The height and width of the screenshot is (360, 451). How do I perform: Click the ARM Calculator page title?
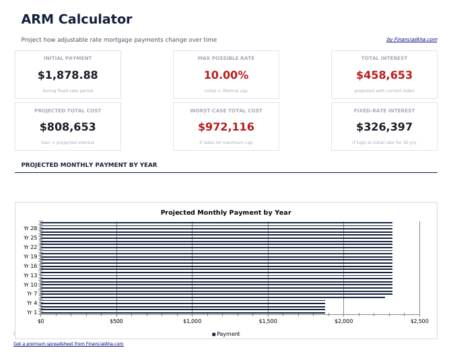coord(76,20)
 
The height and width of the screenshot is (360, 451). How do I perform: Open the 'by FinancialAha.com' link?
coord(411,40)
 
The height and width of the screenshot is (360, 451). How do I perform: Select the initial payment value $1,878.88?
coord(67,75)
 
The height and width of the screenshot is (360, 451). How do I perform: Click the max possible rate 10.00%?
coord(225,75)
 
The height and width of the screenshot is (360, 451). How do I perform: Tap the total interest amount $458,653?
coord(384,75)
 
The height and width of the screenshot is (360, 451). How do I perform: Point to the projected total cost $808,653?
coord(67,127)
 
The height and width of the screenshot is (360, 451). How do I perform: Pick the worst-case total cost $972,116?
coord(225,127)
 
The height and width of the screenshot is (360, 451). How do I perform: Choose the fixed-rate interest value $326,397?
coord(384,127)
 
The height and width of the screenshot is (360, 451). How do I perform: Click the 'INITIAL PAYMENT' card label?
coord(67,59)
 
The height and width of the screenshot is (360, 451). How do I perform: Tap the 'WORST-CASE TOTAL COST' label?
coord(225,110)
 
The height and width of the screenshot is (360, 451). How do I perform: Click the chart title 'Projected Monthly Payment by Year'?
coord(225,213)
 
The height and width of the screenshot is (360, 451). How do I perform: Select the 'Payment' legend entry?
coord(228,334)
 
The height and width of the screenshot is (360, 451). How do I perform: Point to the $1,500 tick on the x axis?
coord(268,321)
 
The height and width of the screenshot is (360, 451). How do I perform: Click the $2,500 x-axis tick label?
coord(419,321)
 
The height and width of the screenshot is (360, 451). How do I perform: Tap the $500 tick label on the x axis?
coord(116,321)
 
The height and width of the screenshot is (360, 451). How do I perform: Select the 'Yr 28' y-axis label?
coord(30,228)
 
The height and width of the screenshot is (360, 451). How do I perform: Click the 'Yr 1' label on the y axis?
coord(32,312)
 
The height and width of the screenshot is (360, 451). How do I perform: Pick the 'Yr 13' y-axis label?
coord(30,275)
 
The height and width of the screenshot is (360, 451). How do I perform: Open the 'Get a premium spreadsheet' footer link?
coord(68,344)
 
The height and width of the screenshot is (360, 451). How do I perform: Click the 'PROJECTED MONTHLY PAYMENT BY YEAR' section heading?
coord(89,165)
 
